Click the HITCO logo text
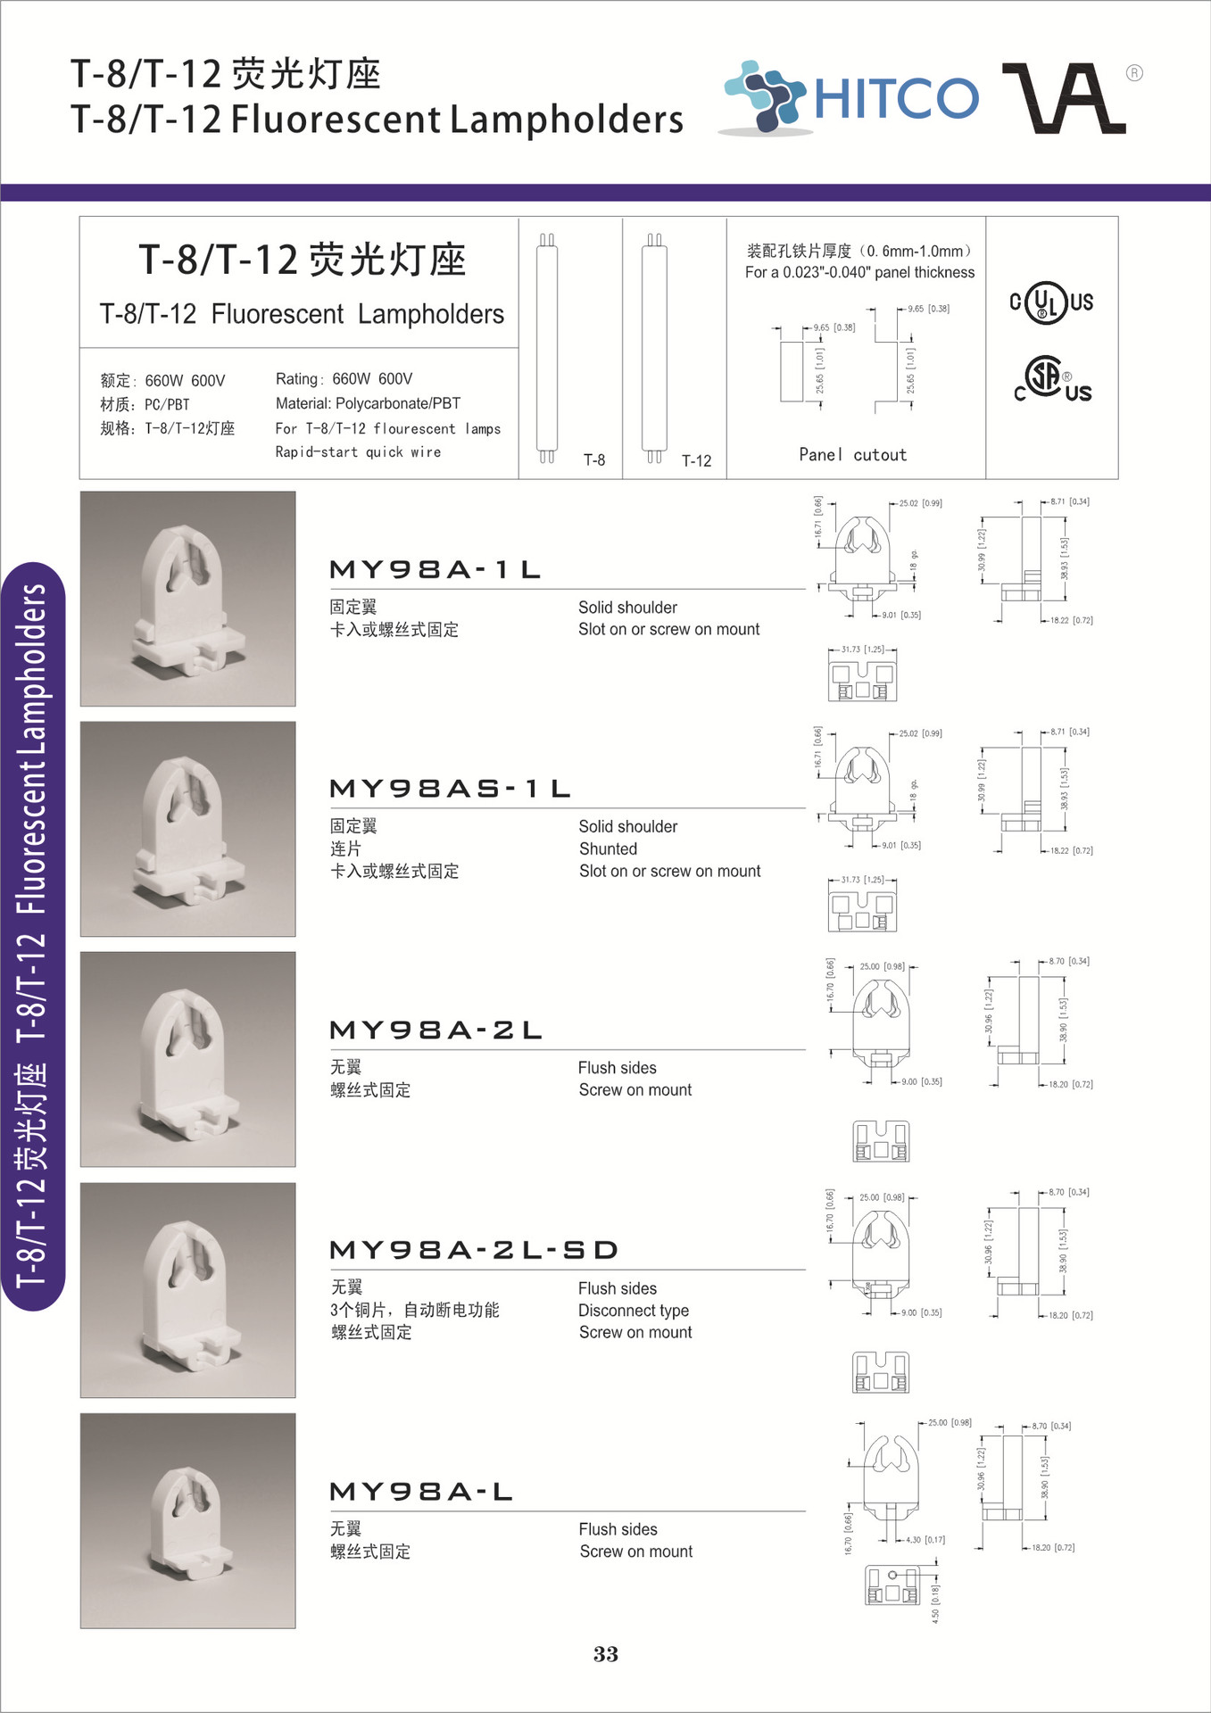pos(895,98)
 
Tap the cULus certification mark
pos(1051,303)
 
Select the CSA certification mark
pos(1052,380)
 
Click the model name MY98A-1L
pos(435,569)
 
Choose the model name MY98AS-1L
pos(450,789)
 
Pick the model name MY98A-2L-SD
pos(474,1250)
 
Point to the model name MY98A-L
pos(421,1492)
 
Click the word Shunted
pos(608,849)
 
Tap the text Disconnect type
pos(633,1311)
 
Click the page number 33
pos(606,1655)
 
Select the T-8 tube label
pos(594,460)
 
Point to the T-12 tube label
pos(696,461)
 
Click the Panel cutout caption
pos(852,455)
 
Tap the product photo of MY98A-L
pos(187,1520)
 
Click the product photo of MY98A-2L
pos(187,1059)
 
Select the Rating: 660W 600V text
pos(344,379)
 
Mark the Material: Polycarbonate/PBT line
pos(368,404)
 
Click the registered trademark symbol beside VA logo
pos(1134,73)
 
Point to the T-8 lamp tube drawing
pos(547,348)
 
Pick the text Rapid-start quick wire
pos(358,452)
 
